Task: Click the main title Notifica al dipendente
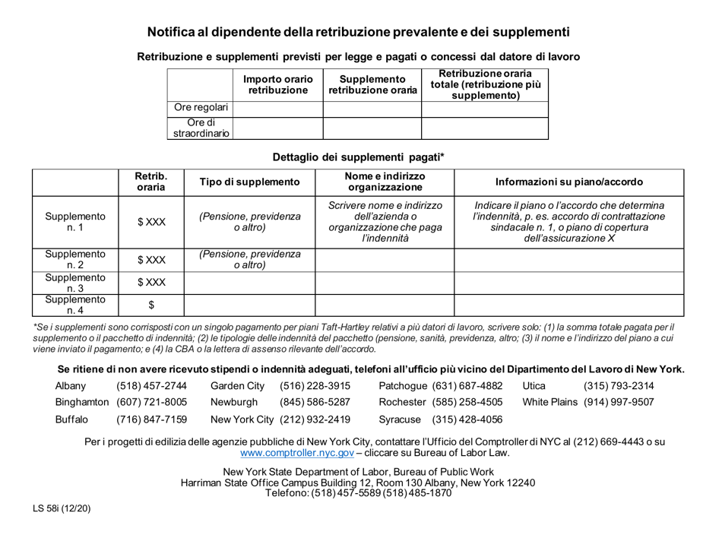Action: (358, 32)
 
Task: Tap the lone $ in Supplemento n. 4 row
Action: (149, 305)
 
